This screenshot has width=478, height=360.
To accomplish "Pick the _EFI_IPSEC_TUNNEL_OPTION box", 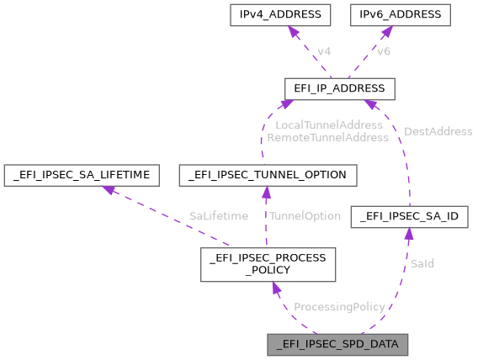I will (268, 175).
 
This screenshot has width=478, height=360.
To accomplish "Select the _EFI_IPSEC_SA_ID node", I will (408, 217).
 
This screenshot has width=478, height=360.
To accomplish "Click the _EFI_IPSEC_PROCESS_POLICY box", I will (268, 264).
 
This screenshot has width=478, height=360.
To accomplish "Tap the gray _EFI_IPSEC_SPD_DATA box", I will (337, 345).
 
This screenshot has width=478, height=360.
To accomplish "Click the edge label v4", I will (323, 52).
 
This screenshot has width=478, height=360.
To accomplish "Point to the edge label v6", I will (383, 52).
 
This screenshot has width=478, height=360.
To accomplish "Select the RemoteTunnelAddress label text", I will (327, 136).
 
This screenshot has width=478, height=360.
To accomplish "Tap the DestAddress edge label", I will (438, 131).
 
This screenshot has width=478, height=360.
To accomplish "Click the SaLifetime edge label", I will (218, 216).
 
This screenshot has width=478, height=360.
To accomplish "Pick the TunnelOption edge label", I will (304, 216).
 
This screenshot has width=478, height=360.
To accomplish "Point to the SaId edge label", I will (422, 263).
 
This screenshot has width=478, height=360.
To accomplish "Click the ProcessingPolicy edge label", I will (339, 307).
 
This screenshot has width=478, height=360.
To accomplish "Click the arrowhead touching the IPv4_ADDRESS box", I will (294, 31).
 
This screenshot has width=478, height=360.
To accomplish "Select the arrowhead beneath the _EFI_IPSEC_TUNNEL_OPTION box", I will (266, 192).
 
